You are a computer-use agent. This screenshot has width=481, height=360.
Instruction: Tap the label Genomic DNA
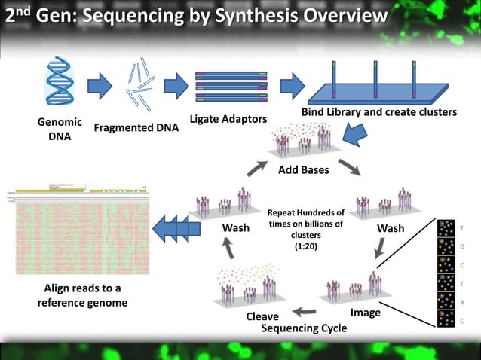tap(59, 130)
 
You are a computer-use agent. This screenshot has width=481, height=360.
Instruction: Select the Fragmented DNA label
tap(136, 127)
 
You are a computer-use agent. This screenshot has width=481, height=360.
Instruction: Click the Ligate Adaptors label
tap(228, 120)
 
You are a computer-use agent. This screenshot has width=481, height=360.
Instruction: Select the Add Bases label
tap(304, 170)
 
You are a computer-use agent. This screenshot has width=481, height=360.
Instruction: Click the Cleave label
tap(262, 317)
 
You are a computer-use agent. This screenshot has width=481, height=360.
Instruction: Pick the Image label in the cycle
tap(366, 312)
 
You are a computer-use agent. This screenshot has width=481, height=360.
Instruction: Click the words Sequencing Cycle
tap(304, 328)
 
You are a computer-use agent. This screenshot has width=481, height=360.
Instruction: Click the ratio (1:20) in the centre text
tap(305, 245)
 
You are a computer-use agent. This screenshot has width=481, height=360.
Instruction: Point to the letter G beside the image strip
tap(462, 246)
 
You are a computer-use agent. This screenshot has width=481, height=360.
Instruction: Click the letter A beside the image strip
tap(462, 301)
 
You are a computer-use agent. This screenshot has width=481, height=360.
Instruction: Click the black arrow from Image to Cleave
tap(306, 310)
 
